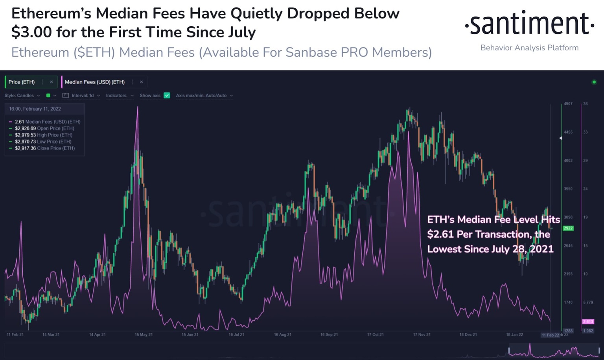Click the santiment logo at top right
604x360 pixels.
529,24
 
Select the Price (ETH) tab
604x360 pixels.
22,82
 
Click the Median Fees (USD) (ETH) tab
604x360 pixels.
94,82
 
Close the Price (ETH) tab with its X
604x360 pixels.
51,82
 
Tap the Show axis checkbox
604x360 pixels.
167,95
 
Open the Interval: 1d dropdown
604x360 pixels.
82,95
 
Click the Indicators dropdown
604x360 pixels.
120,95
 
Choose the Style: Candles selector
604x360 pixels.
22,95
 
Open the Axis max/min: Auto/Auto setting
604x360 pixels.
204,95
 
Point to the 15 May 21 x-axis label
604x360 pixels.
144,334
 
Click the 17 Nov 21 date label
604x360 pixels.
422,334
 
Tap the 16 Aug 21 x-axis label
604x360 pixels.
283,334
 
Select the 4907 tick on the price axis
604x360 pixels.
568,104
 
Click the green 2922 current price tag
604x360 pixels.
568,228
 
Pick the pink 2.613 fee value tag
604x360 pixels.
588,321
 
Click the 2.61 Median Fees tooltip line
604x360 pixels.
47,122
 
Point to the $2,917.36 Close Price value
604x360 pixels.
25,148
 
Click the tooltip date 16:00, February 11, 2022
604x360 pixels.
35,109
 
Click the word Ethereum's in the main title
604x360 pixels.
51,14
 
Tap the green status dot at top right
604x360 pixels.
594,82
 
